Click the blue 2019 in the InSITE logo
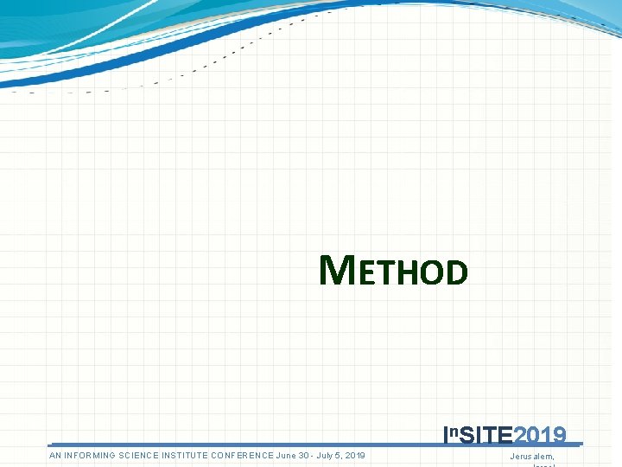coord(540,435)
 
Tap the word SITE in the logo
coord(486,435)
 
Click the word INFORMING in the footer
coord(92,456)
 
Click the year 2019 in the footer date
coord(354,456)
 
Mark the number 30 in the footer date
coord(305,456)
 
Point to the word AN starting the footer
coord(55,456)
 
